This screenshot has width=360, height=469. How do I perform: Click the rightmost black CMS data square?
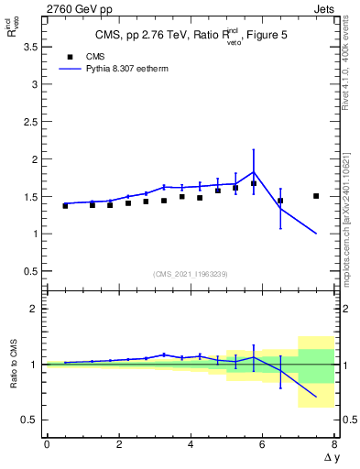[316, 196]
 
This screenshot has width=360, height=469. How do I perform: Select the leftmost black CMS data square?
[65, 206]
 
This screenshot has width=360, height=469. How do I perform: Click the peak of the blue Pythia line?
[254, 171]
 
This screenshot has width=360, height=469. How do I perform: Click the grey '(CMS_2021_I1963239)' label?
[190, 273]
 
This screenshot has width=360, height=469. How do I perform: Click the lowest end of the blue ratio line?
[316, 397]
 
